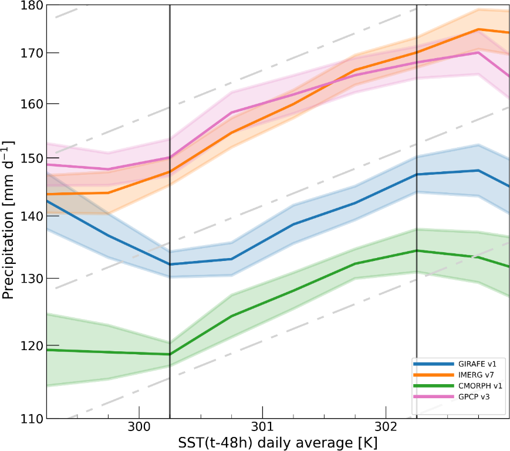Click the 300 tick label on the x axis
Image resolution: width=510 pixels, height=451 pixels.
click(x=139, y=426)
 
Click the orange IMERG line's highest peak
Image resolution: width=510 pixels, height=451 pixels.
click(x=479, y=29)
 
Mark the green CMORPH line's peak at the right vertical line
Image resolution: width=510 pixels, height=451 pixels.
click(x=417, y=250)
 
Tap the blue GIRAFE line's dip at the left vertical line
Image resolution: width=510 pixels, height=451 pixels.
click(x=170, y=265)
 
